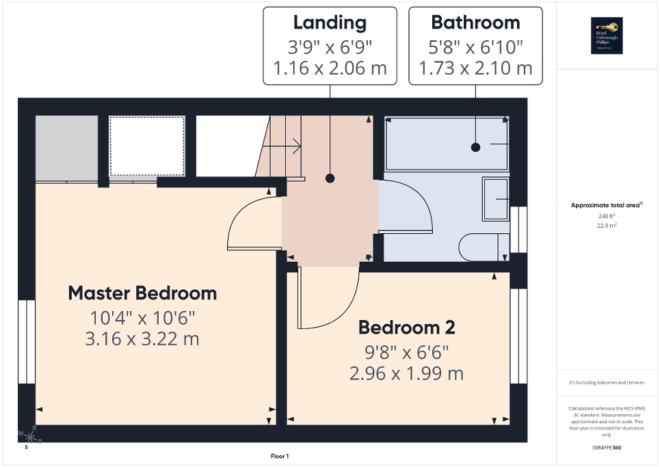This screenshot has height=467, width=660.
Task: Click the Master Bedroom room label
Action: pyautogui.click(x=142, y=293)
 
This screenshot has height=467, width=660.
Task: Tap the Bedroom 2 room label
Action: pyautogui.click(x=407, y=328)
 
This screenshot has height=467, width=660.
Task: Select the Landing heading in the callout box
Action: pyautogui.click(x=330, y=23)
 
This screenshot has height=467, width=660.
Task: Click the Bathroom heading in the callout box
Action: pyautogui.click(x=475, y=23)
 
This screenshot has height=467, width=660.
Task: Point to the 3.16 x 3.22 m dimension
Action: pyautogui.click(x=142, y=338)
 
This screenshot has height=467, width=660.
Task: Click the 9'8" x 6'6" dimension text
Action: pyautogui.click(x=407, y=352)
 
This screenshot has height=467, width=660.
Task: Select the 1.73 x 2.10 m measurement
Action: pyautogui.click(x=475, y=68)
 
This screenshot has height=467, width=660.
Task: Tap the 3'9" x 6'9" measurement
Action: pyautogui.click(x=330, y=46)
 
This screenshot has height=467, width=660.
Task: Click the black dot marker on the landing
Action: pyautogui.click(x=330, y=178)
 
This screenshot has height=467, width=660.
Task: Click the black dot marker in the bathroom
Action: pyautogui.click(x=475, y=147)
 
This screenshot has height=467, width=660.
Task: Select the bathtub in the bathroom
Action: pyautogui.click(x=446, y=145)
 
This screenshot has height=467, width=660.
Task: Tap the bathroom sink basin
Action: pyautogui.click(x=496, y=199)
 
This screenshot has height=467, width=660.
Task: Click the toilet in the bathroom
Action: pyautogui.click(x=485, y=248)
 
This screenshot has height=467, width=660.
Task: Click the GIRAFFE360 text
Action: pyautogui.click(x=607, y=448)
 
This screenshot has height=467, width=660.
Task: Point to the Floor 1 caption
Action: pyautogui.click(x=280, y=456)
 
